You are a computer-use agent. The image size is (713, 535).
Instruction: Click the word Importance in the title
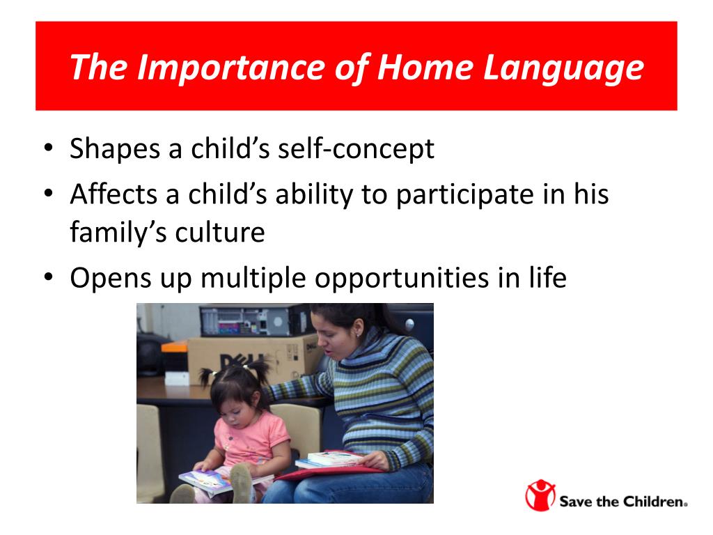coord(231,68)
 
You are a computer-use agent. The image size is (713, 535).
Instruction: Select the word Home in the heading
coord(425,68)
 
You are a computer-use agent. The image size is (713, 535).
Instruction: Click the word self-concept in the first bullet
coord(356,149)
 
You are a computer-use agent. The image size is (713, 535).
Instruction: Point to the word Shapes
coord(115,149)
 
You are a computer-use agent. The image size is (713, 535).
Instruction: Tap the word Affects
coord(113,194)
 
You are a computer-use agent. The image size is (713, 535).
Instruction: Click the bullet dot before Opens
coord(49,277)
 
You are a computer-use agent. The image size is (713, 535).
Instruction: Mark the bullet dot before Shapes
coord(49,148)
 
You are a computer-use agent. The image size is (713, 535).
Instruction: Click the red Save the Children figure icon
coord(540,495)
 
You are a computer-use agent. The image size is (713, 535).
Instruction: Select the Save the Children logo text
coord(622,502)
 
